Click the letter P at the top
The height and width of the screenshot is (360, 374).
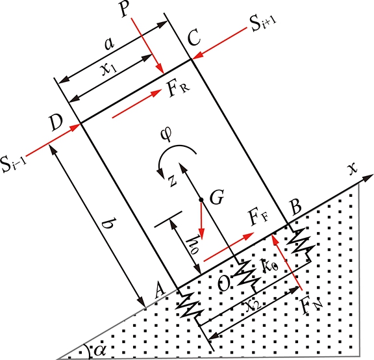click(125, 8)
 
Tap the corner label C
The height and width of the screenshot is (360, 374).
click(193, 38)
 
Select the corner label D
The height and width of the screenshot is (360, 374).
click(56, 122)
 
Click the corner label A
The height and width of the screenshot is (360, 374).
click(159, 292)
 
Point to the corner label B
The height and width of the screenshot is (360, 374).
click(296, 207)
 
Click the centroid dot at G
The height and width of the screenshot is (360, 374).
click(201, 199)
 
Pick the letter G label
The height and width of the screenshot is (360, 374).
click(217, 197)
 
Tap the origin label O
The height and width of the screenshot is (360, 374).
click(224, 283)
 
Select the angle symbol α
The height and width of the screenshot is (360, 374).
click(100, 350)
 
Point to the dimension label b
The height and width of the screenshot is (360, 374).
click(108, 223)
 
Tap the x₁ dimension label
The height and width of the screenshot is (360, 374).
click(110, 68)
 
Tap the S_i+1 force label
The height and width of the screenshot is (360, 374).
click(262, 23)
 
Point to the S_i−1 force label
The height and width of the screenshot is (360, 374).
click(14, 164)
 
